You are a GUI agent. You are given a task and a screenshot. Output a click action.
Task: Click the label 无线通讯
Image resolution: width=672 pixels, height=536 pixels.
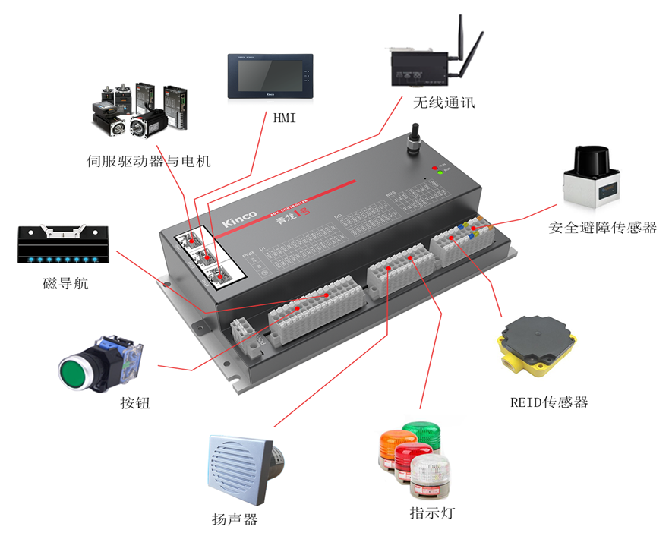click(x=444, y=102)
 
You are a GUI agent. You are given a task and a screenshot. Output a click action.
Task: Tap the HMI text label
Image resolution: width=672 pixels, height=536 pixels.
click(x=284, y=118)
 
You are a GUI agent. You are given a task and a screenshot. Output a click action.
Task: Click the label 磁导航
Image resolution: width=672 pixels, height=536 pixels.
click(x=65, y=284)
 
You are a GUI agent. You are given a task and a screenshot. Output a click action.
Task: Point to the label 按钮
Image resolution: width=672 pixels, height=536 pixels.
click(x=135, y=403)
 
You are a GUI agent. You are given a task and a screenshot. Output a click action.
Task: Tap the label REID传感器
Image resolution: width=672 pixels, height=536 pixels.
click(x=549, y=402)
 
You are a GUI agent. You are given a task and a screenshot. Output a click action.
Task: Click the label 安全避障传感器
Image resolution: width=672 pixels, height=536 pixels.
click(x=602, y=227)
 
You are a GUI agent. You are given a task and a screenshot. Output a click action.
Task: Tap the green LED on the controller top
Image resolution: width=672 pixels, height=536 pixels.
click(x=439, y=173)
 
